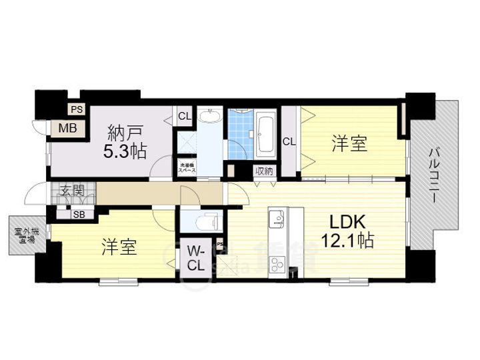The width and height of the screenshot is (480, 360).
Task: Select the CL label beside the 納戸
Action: point(184,116)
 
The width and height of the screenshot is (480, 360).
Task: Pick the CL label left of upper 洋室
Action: point(289,141)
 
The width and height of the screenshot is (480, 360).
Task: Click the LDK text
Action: point(345,221)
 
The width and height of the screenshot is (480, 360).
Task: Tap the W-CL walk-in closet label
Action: point(195,258)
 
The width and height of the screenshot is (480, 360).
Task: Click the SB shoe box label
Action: point(79,214)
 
